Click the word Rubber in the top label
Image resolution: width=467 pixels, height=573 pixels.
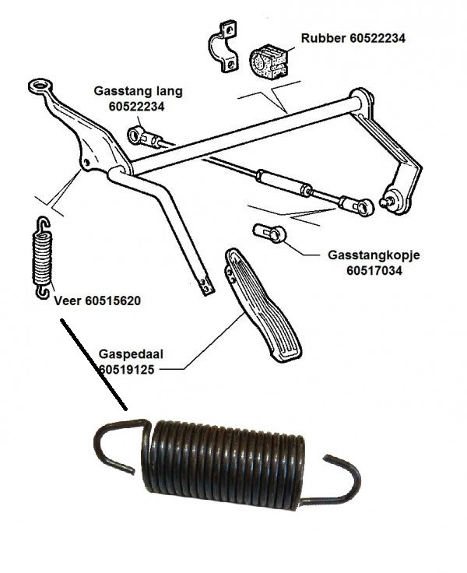click(x=324, y=38)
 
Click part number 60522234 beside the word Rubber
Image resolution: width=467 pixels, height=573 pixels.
click(x=377, y=38)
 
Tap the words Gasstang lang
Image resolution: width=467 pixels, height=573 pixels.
click(x=138, y=91)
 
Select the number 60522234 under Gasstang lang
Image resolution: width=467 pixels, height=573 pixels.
click(x=137, y=107)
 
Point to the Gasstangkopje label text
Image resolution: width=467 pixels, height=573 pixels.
click(x=374, y=255)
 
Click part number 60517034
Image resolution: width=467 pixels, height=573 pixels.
click(x=374, y=271)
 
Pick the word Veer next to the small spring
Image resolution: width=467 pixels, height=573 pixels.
click(x=68, y=301)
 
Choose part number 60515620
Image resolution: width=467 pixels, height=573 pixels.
click(x=114, y=301)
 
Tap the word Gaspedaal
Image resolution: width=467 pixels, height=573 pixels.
click(x=132, y=354)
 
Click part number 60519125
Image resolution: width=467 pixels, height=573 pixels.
click(x=127, y=370)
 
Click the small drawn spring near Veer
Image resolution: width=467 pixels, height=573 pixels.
click(x=42, y=258)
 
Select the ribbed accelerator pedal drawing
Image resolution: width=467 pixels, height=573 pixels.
click(x=262, y=304)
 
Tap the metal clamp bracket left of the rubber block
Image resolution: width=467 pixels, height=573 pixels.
click(x=223, y=47)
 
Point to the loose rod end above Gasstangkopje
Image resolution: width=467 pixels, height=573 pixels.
click(x=269, y=233)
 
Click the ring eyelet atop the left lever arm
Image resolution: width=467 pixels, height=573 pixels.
click(x=39, y=86)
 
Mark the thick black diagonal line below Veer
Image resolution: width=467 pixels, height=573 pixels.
click(x=94, y=364)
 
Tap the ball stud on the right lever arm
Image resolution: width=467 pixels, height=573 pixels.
click(x=387, y=202)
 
